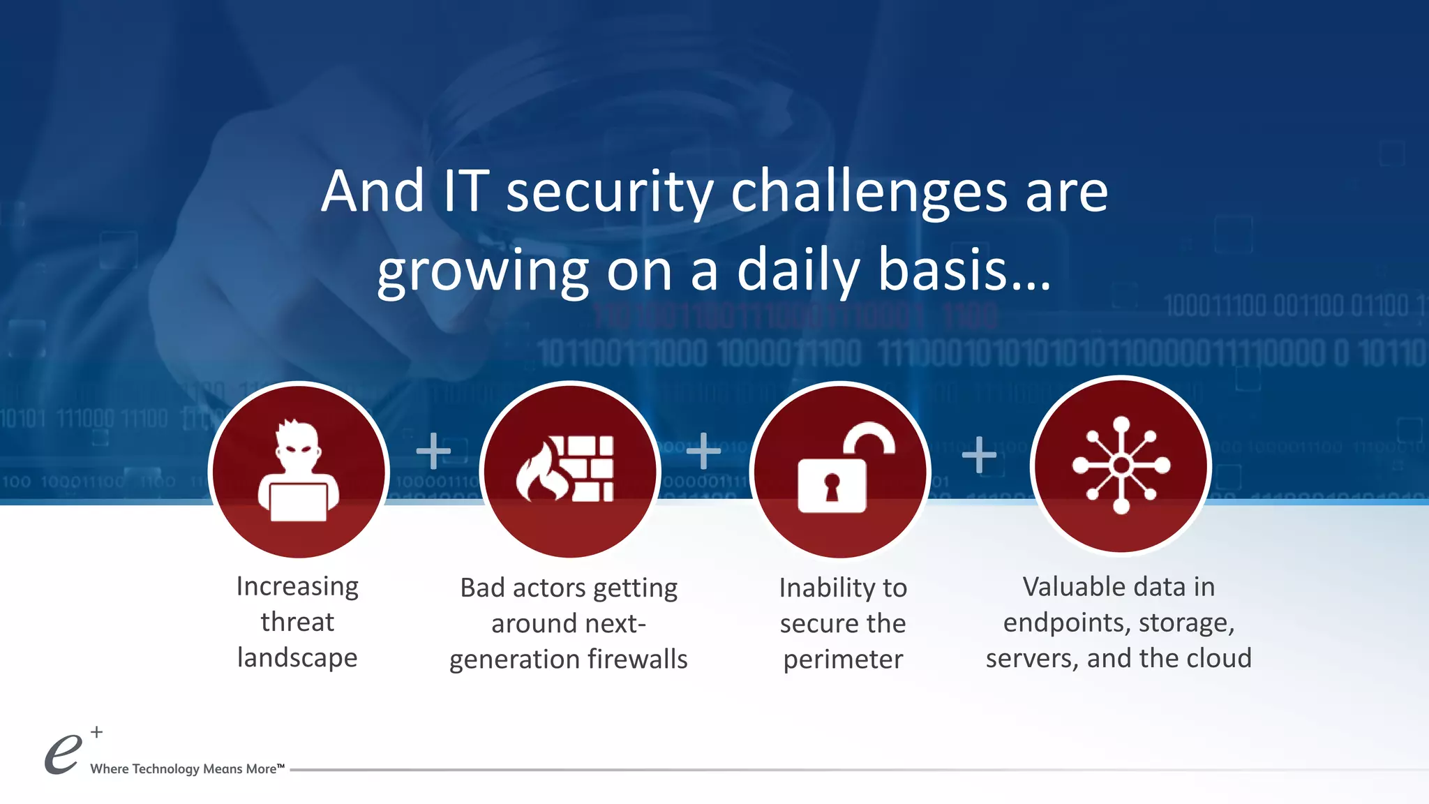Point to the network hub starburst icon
pyautogui.click(x=1121, y=465)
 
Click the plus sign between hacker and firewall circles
pyautogui.click(x=433, y=451)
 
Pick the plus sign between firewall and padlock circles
pyautogui.click(x=703, y=451)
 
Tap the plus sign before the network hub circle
pyautogui.click(x=979, y=455)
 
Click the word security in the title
pyautogui.click(x=610, y=192)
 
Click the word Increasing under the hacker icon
pyautogui.click(x=297, y=586)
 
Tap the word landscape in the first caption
pyautogui.click(x=297, y=657)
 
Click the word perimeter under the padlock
pyautogui.click(x=843, y=659)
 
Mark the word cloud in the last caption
pyautogui.click(x=1216, y=658)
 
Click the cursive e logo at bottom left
pyautogui.click(x=63, y=754)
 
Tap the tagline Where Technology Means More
pyautogui.click(x=187, y=768)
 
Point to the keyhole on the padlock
pyautogui.click(x=831, y=486)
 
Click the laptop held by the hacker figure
pyautogui.click(x=299, y=502)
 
